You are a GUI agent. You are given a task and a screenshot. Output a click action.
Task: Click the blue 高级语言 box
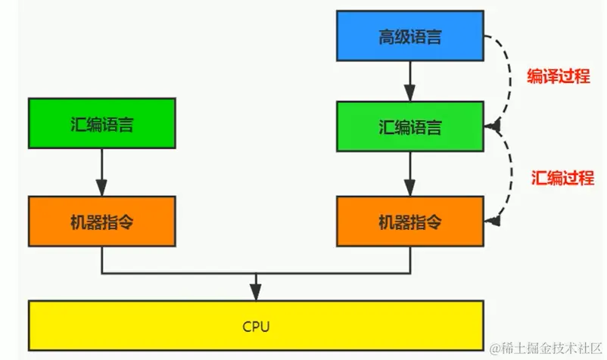point(409,36)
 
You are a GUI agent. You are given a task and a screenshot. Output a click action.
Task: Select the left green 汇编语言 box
point(101,123)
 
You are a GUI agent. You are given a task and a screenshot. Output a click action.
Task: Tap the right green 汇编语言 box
point(409,126)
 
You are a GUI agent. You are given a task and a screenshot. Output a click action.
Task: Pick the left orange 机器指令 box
point(101,222)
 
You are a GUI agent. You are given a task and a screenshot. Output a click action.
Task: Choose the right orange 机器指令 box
point(409,222)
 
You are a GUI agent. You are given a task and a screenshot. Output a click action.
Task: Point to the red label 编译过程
point(556,76)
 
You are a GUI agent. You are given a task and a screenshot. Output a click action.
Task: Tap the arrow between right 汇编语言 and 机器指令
point(409,173)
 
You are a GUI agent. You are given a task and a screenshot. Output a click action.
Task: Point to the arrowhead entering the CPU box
point(257,293)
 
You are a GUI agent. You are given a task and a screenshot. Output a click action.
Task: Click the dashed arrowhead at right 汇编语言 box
point(494,126)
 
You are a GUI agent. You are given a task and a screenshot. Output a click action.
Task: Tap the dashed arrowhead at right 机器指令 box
point(494,221)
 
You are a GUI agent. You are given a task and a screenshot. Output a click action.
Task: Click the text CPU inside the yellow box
point(256,327)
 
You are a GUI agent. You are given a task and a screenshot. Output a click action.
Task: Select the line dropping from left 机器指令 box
point(101,261)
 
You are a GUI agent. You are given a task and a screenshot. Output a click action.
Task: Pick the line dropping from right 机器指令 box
point(409,261)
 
